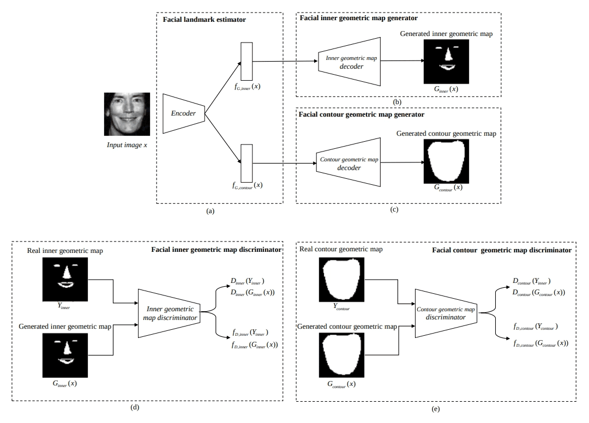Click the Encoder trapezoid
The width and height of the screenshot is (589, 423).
(184, 113)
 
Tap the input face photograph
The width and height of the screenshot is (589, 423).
(127, 114)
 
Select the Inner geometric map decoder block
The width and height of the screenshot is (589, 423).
(350, 62)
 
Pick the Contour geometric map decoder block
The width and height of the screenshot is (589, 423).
(348, 162)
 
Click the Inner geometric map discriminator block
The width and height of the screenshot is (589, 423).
(170, 313)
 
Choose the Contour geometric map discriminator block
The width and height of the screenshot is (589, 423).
(446, 313)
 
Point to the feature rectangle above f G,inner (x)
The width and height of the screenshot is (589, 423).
(247, 61)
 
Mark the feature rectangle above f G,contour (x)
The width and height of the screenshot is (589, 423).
(247, 163)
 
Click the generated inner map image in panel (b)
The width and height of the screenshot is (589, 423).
(446, 62)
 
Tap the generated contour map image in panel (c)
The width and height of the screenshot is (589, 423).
(446, 161)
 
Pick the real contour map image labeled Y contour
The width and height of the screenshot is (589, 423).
(341, 279)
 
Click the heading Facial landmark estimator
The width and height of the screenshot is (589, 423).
(205, 20)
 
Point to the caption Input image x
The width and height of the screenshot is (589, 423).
(127, 145)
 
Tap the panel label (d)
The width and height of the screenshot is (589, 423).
(135, 407)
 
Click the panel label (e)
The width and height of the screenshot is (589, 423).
(436, 409)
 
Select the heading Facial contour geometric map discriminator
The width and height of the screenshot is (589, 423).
(502, 250)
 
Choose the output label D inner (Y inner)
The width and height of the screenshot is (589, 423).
(248, 281)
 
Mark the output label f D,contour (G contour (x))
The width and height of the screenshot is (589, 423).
(541, 343)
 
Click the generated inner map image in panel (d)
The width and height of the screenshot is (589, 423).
(65, 355)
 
